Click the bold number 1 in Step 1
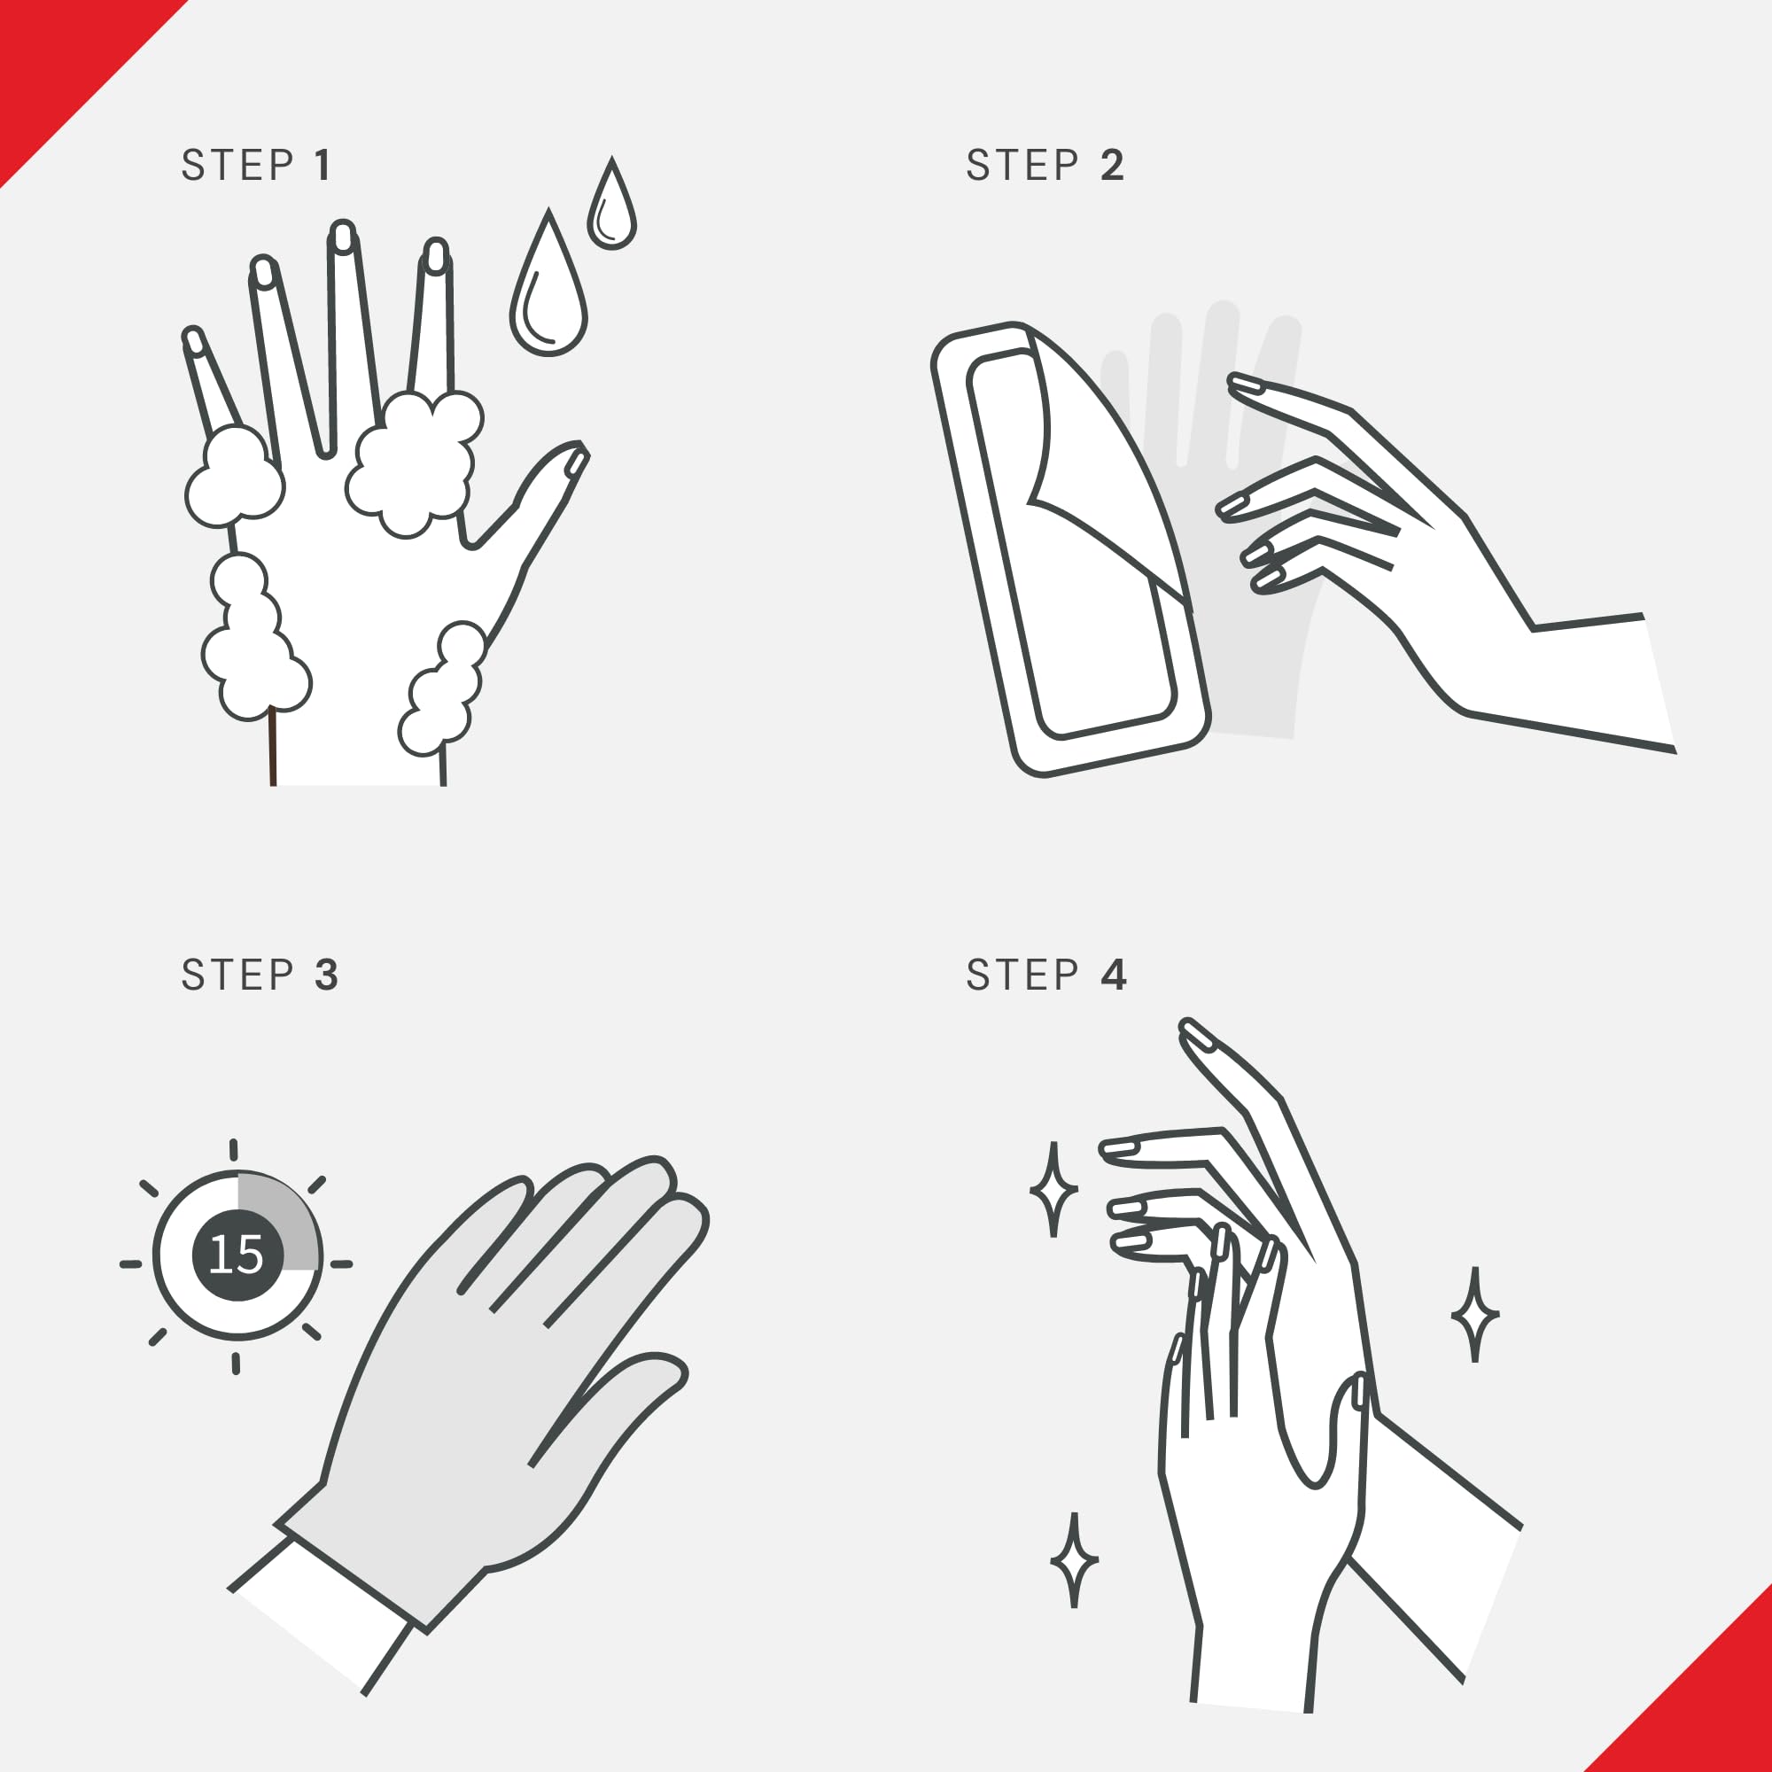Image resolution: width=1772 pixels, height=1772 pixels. [323, 165]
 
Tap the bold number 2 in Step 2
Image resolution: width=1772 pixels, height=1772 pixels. [1113, 165]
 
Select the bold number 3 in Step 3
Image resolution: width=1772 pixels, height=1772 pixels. [327, 975]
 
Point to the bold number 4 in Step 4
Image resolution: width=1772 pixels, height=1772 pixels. [1114, 974]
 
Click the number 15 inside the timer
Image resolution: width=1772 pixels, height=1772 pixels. [236, 1255]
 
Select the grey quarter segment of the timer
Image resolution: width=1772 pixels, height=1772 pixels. [276, 1220]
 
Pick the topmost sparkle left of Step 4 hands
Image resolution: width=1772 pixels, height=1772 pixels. [1053, 1190]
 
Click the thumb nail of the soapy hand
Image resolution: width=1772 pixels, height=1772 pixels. [576, 463]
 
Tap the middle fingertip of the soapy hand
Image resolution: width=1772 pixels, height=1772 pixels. [342, 236]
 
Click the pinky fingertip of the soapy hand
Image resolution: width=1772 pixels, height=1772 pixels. [192, 339]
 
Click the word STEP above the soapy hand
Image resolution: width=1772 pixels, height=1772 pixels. [237, 165]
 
